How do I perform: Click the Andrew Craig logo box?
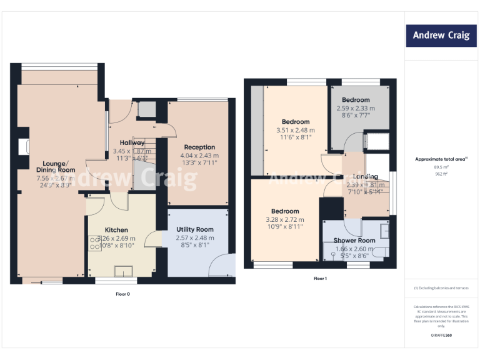click(441, 36)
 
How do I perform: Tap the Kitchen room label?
click(116, 230)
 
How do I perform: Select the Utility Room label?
click(195, 229)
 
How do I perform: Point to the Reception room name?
click(199, 147)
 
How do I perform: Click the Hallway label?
click(132, 143)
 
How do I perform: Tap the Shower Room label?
click(354, 241)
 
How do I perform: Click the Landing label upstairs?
click(365, 177)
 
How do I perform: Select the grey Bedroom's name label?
click(356, 100)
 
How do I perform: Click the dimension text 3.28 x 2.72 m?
click(285, 219)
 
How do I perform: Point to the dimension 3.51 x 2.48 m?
click(296, 130)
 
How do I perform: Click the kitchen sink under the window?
click(123, 270)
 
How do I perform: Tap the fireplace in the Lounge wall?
click(24, 147)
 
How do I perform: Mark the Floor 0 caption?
click(122, 293)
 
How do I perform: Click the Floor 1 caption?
click(319, 278)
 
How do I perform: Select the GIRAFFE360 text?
click(441, 336)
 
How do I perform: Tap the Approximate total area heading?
click(441, 159)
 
